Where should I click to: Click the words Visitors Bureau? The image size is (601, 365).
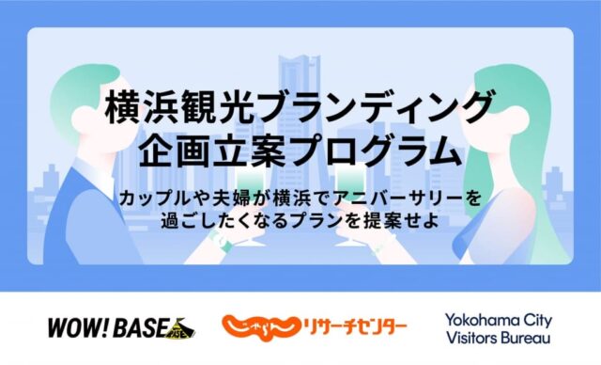tap(498, 338)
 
